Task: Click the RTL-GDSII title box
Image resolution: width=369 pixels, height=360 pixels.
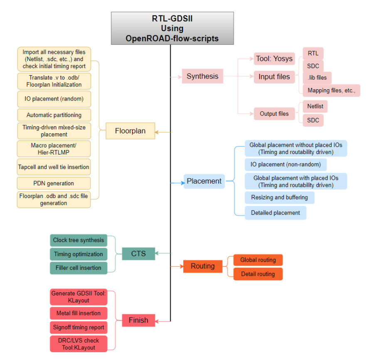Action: coord(172,28)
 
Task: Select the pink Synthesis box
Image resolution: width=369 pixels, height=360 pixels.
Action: coord(202,76)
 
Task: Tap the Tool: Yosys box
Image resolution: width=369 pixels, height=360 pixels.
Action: coord(274,59)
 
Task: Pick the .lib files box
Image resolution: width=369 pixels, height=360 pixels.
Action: coord(317,78)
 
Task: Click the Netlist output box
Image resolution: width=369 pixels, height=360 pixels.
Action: coord(315,106)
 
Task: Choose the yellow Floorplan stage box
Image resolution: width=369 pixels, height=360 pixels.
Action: coord(130,131)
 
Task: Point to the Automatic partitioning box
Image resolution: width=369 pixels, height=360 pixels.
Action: coord(54,115)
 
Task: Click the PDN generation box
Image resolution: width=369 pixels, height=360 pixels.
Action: coord(54,183)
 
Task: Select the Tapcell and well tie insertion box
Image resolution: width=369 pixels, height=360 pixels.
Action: coord(54,167)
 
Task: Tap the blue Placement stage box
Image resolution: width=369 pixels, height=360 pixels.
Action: coord(204,181)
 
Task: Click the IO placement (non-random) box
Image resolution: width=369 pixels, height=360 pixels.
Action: coord(285,164)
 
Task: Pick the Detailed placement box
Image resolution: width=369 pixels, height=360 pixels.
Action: coord(275,213)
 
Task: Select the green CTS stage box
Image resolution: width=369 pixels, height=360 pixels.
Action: coord(138,253)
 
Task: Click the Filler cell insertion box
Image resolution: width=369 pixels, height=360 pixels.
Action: coord(78,268)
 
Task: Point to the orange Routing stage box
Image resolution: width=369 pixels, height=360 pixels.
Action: coord(203,266)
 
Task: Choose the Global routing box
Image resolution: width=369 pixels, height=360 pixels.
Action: coord(258,260)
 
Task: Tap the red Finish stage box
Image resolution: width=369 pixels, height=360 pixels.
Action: coord(138,320)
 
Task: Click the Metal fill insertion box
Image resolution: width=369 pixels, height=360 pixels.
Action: coord(78,313)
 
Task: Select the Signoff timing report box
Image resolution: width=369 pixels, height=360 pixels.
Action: coord(78,327)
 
